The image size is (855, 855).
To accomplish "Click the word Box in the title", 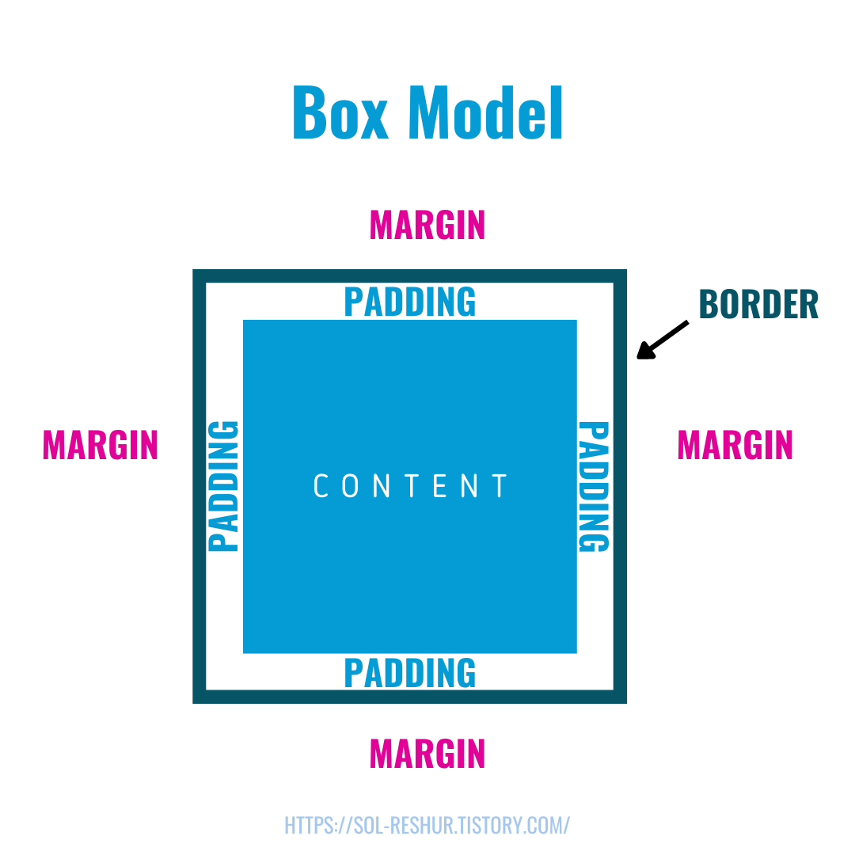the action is [340, 112].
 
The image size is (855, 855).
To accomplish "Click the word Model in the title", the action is [485, 112].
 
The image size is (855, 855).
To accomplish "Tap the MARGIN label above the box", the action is [427, 226].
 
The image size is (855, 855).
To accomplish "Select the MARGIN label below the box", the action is [427, 754].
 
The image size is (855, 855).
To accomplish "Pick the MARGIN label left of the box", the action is [101, 445].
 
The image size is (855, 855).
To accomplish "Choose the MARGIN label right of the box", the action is [735, 445].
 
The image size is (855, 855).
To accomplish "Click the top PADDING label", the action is [410, 302].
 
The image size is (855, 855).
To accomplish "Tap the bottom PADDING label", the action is [410, 673].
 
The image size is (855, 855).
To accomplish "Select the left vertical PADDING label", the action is [223, 486].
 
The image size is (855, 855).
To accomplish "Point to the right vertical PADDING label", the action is [594, 486].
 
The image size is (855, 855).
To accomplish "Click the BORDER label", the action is [758, 305].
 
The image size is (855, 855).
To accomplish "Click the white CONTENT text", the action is [410, 486].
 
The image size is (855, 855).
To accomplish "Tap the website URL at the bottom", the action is [427, 825].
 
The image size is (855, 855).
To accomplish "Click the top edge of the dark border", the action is [410, 275].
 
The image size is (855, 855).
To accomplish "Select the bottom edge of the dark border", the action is [410, 697].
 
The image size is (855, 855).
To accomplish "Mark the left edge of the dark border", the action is [199, 486].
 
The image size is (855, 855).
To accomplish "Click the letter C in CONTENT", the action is [321, 486].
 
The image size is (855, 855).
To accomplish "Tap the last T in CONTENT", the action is [500, 486].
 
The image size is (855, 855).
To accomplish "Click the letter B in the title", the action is [310, 112].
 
